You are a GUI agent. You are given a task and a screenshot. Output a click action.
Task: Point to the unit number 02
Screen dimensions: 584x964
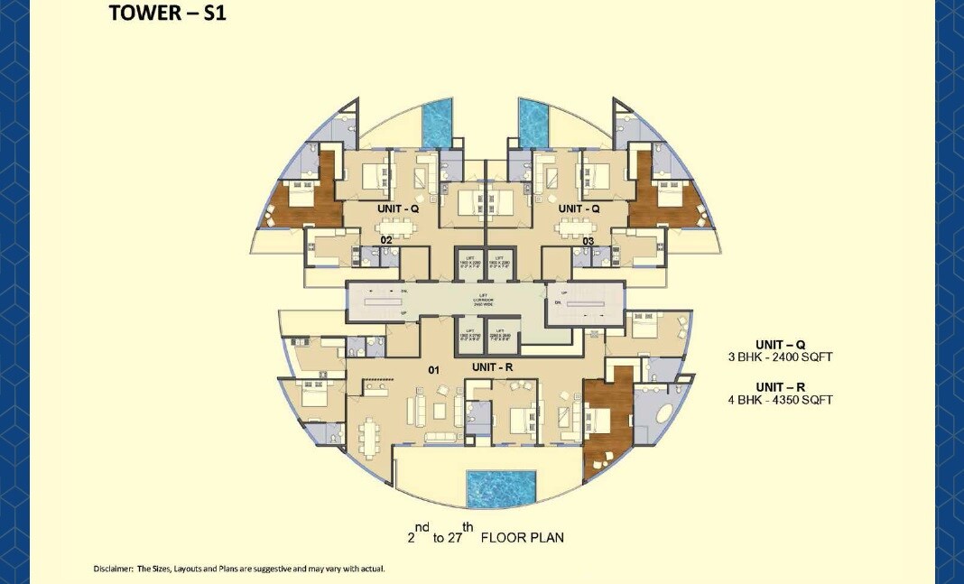tap(385, 240)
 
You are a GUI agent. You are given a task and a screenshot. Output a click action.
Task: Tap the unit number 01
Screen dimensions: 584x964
tap(434, 369)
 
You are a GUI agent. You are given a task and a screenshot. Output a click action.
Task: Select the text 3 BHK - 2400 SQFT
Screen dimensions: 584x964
tap(781, 357)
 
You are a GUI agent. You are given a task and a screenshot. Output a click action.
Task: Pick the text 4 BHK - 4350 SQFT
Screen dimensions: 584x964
tap(781, 399)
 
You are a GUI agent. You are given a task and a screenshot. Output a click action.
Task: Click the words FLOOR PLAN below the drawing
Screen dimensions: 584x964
tap(523, 538)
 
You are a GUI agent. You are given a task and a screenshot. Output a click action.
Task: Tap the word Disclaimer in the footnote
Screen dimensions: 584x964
tap(113, 569)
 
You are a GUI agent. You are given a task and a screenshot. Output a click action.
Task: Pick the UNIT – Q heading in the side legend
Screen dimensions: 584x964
tap(781, 345)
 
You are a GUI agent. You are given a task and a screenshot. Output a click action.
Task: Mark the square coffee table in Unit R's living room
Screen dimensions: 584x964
tap(439, 411)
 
